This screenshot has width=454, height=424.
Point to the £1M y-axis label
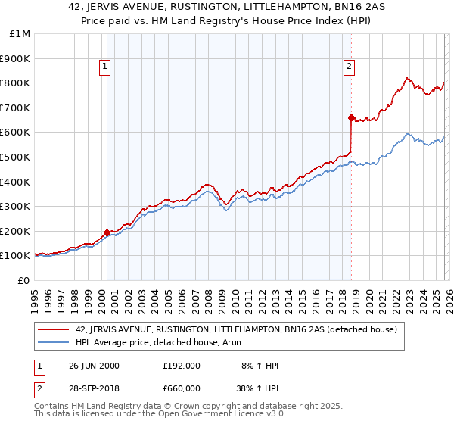click(20, 33)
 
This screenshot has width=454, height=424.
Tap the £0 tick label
click(24, 280)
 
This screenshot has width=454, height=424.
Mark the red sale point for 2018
click(351, 117)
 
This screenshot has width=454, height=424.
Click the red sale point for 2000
click(107, 232)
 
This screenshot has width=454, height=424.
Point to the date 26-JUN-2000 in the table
click(94, 365)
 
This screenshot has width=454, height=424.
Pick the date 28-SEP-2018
click(94, 389)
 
